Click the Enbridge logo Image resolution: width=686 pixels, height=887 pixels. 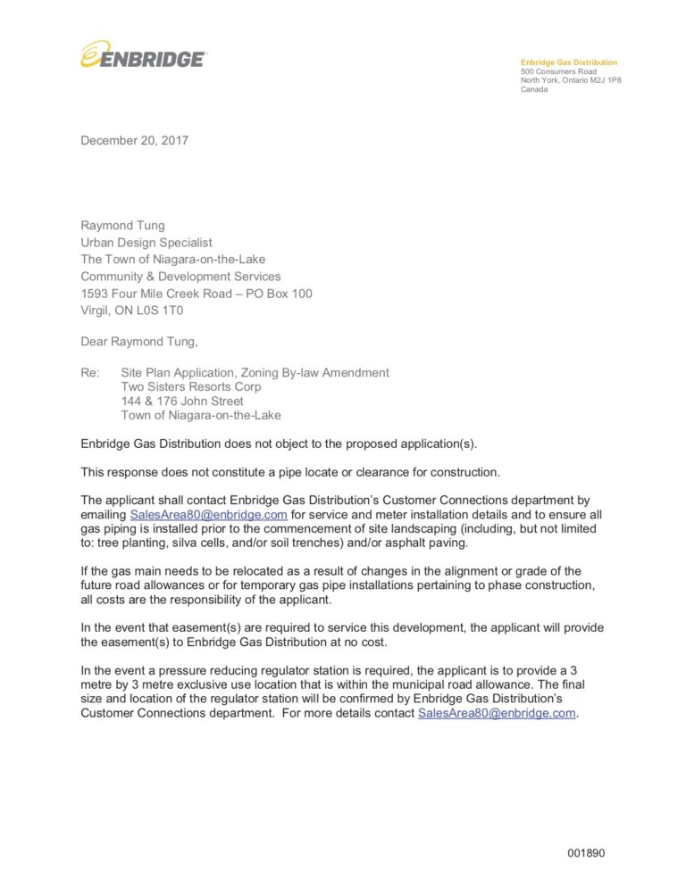tap(143, 56)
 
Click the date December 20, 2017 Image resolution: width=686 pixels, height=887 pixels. tap(134, 140)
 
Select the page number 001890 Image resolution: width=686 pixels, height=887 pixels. tap(586, 853)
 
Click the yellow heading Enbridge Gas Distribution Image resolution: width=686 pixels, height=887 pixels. tap(569, 62)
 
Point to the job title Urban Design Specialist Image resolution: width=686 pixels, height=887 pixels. tap(146, 242)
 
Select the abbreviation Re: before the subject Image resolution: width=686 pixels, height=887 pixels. tap(90, 373)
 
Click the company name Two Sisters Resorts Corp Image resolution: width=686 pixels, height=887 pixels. tap(191, 387)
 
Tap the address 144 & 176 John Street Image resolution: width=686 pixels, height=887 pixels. tap(182, 402)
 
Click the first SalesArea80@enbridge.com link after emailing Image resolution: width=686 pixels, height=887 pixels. tap(208, 515)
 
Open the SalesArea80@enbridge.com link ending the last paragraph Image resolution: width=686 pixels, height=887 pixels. tap(496, 713)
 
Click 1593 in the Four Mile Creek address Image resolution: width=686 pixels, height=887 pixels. tap(96, 294)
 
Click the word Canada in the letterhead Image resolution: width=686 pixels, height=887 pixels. tap(534, 89)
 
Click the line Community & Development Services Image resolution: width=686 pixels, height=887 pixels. tap(180, 277)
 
